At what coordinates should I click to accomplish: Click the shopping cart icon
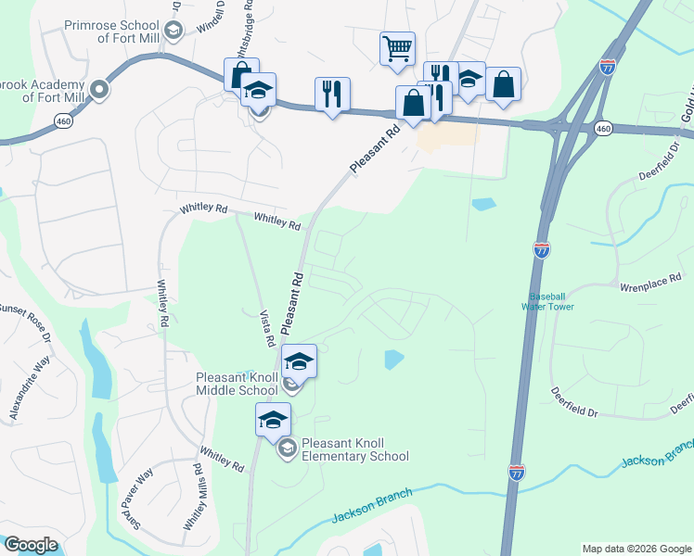397,47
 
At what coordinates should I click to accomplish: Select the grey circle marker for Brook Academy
99,90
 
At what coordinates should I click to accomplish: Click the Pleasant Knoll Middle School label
237,384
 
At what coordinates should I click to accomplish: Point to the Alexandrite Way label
29,390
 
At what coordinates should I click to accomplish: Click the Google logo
31,545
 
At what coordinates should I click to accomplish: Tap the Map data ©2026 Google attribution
636,549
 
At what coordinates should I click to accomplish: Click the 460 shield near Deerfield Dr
604,128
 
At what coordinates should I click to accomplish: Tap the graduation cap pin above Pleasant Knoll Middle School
299,360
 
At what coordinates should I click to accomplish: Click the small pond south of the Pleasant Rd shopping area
482,204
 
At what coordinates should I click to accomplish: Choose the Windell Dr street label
212,19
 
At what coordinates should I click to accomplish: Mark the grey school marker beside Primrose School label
171,31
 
